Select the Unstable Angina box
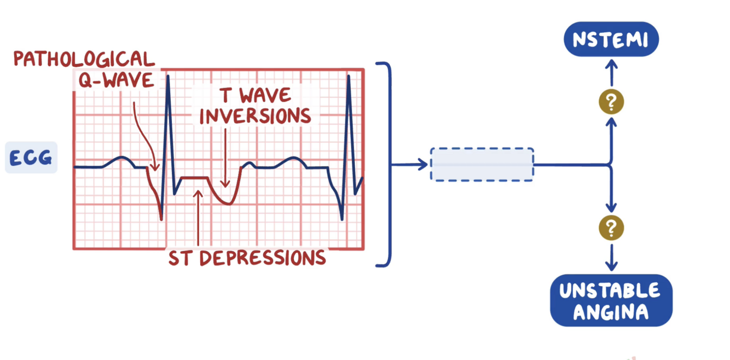click(611, 300)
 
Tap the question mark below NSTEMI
click(611, 102)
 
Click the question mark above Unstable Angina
click(611, 227)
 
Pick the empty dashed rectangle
click(482, 164)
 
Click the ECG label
click(31, 158)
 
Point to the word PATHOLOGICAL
click(84, 59)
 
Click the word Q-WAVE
click(116, 80)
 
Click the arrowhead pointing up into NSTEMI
click(611, 63)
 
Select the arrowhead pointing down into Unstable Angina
click(611, 266)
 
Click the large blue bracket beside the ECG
click(389, 164)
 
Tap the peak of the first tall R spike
click(168, 76)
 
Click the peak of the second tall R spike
click(349, 76)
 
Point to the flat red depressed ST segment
click(194, 178)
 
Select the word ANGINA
click(611, 312)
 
